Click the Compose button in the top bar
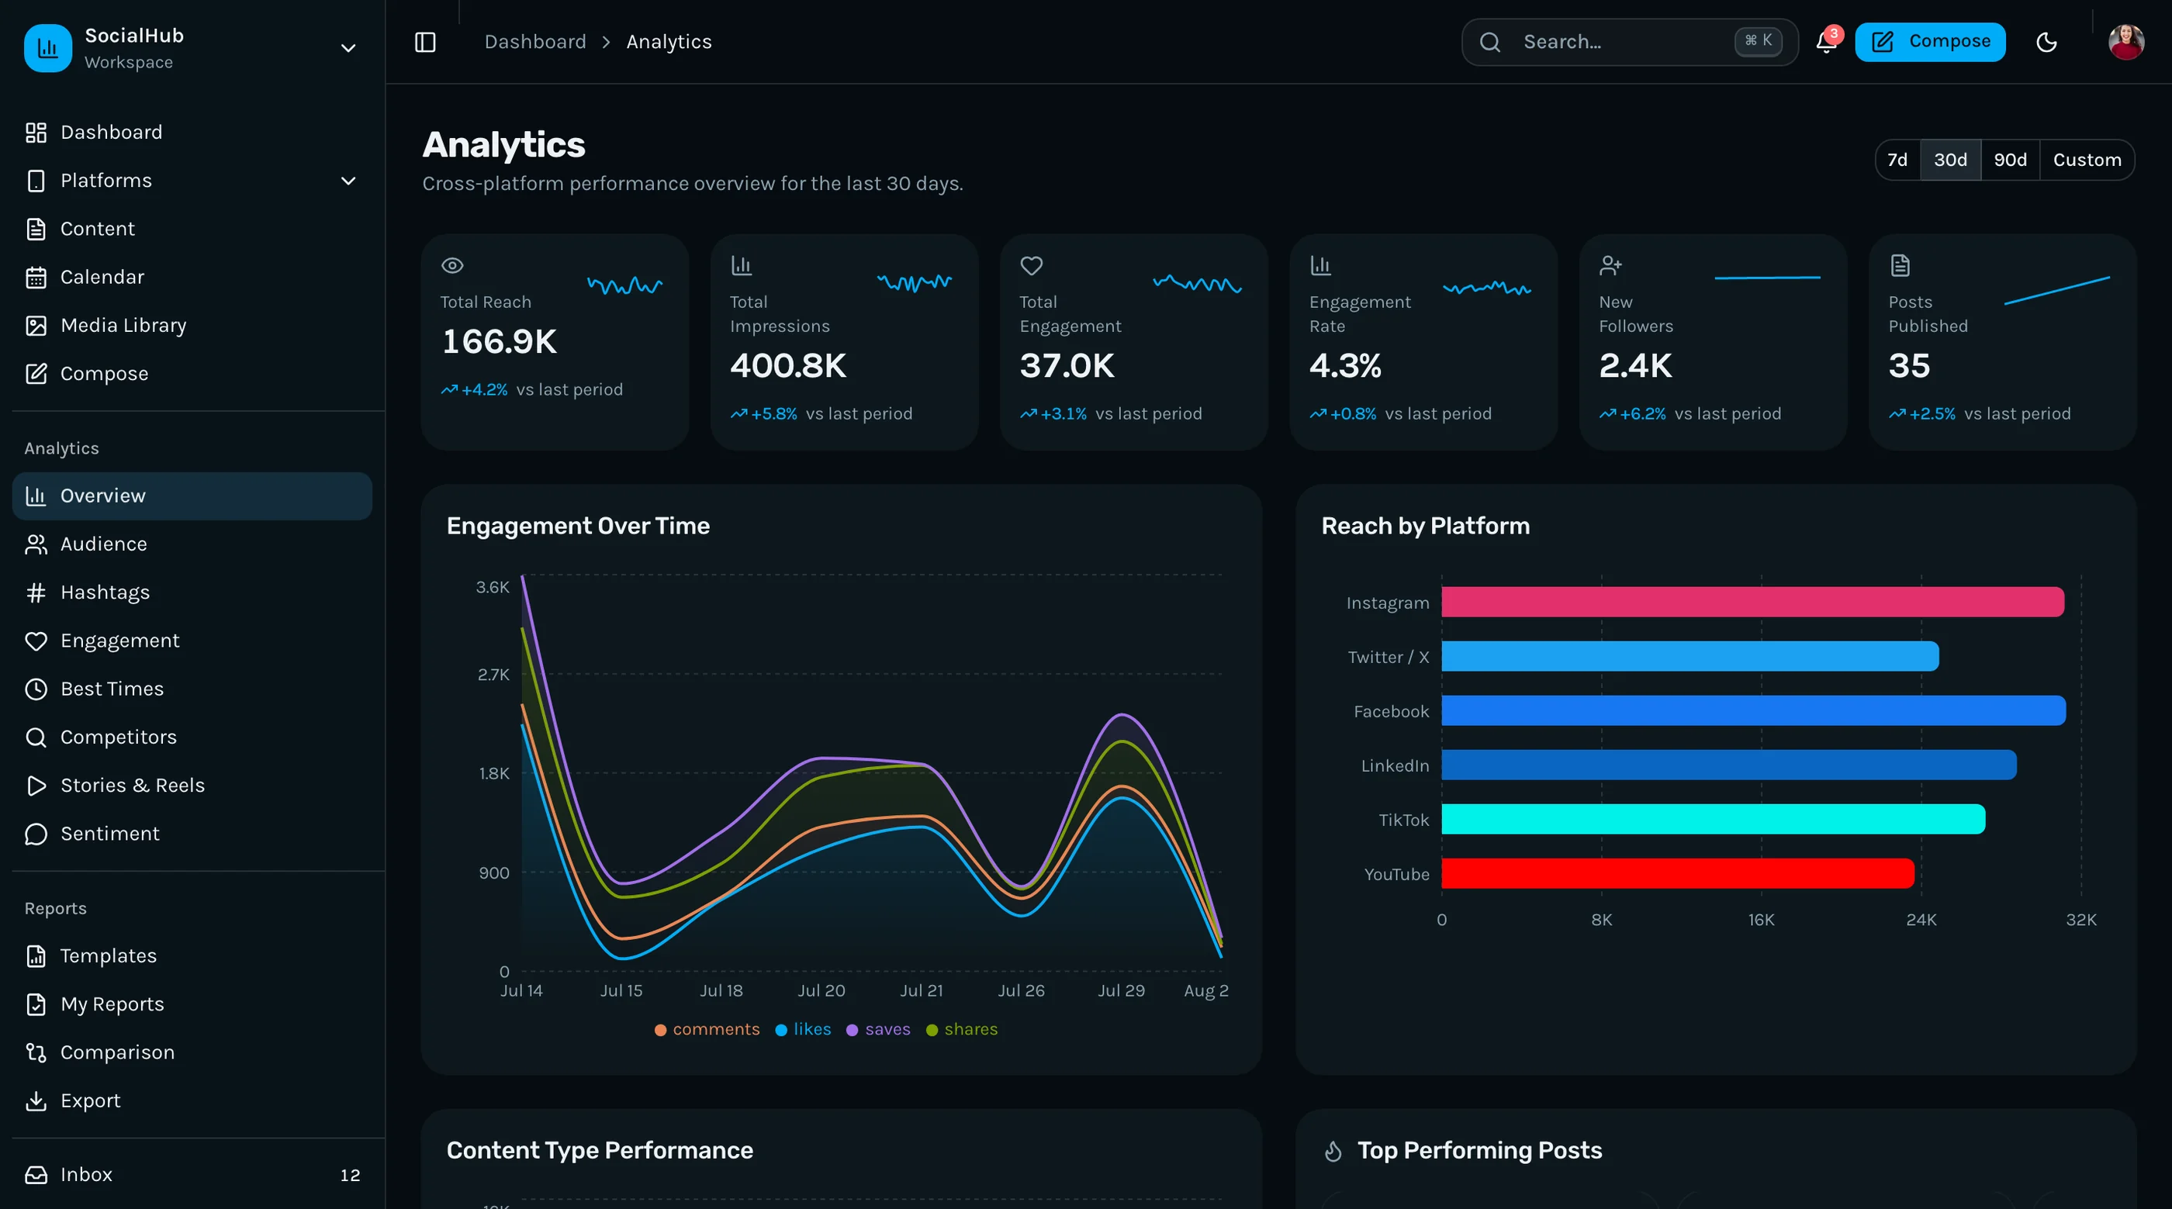(x=1929, y=41)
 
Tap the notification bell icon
(x=1826, y=42)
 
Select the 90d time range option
(x=2010, y=159)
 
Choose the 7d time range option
(x=1897, y=159)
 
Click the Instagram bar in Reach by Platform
(x=1752, y=602)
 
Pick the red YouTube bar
(x=1677, y=873)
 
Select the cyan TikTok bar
(x=1713, y=819)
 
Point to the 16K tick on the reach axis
(x=1761, y=920)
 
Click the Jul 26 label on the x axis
(x=1021, y=990)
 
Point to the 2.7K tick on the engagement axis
(x=493, y=675)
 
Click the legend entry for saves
(x=879, y=1029)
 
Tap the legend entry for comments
(x=707, y=1029)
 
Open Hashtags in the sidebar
(x=105, y=592)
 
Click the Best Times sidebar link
(x=111, y=689)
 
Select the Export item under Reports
(x=90, y=1101)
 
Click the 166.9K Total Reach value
(x=499, y=341)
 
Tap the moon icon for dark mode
(x=2046, y=42)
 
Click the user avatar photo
(x=2125, y=42)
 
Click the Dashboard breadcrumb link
(x=535, y=42)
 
